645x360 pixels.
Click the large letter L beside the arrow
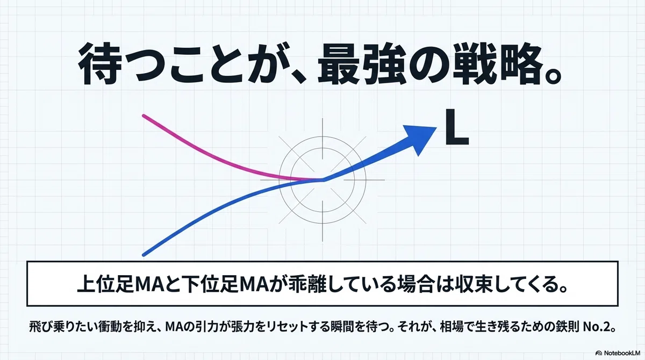(x=457, y=127)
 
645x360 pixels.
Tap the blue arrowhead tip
(x=436, y=128)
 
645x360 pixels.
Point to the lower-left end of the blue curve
(x=144, y=255)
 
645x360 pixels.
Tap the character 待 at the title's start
(x=98, y=64)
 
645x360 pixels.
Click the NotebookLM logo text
(x=622, y=353)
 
